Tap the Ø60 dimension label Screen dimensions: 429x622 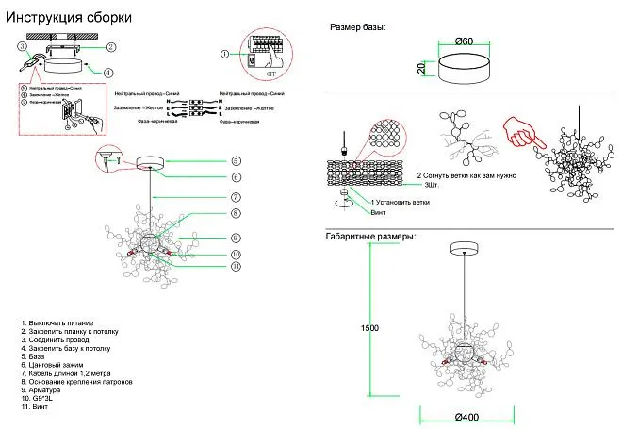463,41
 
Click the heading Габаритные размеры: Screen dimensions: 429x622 370,236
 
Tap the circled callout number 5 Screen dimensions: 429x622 236,161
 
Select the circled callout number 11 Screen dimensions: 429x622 236,267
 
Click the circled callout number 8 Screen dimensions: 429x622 236,215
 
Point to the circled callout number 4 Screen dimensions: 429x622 108,72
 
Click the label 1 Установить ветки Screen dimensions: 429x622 401,202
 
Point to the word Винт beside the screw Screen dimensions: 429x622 379,213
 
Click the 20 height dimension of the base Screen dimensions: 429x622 422,68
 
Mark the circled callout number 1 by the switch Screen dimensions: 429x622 224,53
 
